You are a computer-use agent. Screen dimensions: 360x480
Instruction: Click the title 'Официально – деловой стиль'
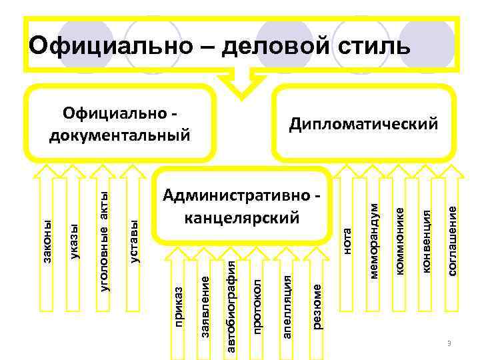(220, 46)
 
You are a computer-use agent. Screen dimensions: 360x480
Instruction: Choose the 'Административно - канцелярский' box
(241, 206)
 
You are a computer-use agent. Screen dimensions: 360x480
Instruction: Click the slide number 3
(449, 343)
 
